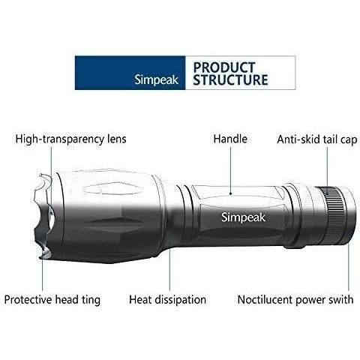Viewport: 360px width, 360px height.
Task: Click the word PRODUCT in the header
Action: (x=224, y=67)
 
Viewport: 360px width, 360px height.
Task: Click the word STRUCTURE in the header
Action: (x=230, y=79)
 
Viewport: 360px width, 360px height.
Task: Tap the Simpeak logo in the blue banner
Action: (x=156, y=80)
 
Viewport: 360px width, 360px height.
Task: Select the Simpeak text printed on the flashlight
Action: (x=243, y=217)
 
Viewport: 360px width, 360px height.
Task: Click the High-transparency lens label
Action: (x=71, y=139)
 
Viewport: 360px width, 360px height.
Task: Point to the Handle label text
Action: (x=230, y=139)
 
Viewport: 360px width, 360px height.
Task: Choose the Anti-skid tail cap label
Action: (x=317, y=139)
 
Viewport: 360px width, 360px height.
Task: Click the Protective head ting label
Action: (x=52, y=299)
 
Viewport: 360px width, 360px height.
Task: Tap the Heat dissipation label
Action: (x=167, y=299)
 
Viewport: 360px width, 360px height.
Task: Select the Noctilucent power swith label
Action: (x=295, y=299)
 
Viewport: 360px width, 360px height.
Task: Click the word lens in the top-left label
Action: (x=116, y=139)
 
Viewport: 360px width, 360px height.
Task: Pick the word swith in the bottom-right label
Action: (x=341, y=299)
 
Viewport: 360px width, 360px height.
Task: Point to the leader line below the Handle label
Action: (x=230, y=170)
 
